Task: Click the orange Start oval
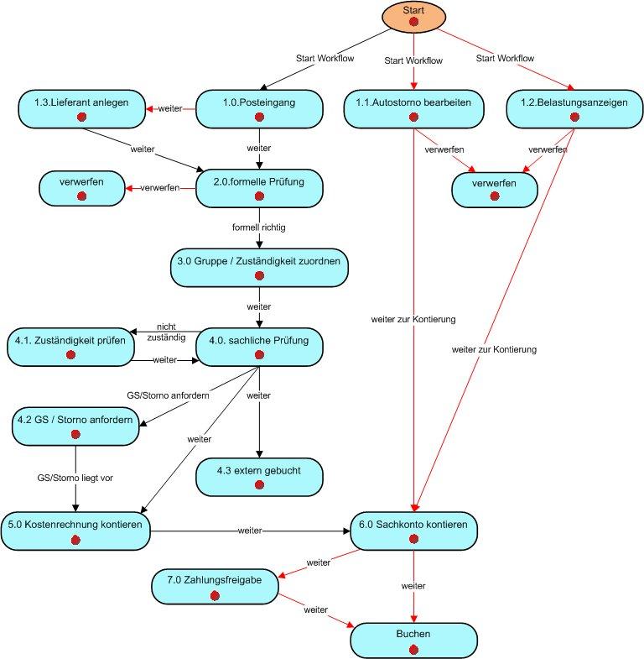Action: (413, 17)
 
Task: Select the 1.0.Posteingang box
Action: (259, 109)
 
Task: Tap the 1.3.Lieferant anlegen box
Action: (81, 109)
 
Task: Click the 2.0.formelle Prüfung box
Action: (259, 186)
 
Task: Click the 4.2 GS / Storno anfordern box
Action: (75, 426)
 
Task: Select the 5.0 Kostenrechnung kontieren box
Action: (75, 531)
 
